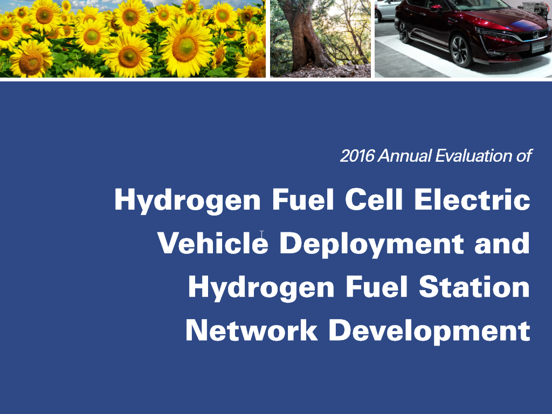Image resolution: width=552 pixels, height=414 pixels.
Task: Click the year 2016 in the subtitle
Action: coord(357,156)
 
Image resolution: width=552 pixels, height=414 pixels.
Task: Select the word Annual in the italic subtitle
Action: coord(404,156)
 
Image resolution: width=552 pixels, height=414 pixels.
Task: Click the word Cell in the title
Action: coord(374,199)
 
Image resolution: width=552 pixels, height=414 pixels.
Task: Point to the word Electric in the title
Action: coord(472,199)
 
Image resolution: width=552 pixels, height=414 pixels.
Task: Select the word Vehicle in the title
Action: coord(212,243)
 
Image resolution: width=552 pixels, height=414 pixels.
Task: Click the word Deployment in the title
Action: coord(371,244)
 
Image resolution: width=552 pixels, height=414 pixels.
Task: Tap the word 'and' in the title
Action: coord(502,243)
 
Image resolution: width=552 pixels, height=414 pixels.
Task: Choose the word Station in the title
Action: coord(474,287)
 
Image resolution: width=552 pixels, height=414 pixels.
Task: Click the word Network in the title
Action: coord(252,330)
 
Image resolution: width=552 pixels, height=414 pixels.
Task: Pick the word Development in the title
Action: coord(430,332)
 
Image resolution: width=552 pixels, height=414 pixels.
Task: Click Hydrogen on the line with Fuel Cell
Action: coord(187,201)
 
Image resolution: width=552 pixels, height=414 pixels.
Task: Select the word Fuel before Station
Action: coord(377,287)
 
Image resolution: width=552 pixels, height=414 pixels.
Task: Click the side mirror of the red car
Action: coord(436,7)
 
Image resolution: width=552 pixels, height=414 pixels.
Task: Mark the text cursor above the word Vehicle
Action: coord(261,234)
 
